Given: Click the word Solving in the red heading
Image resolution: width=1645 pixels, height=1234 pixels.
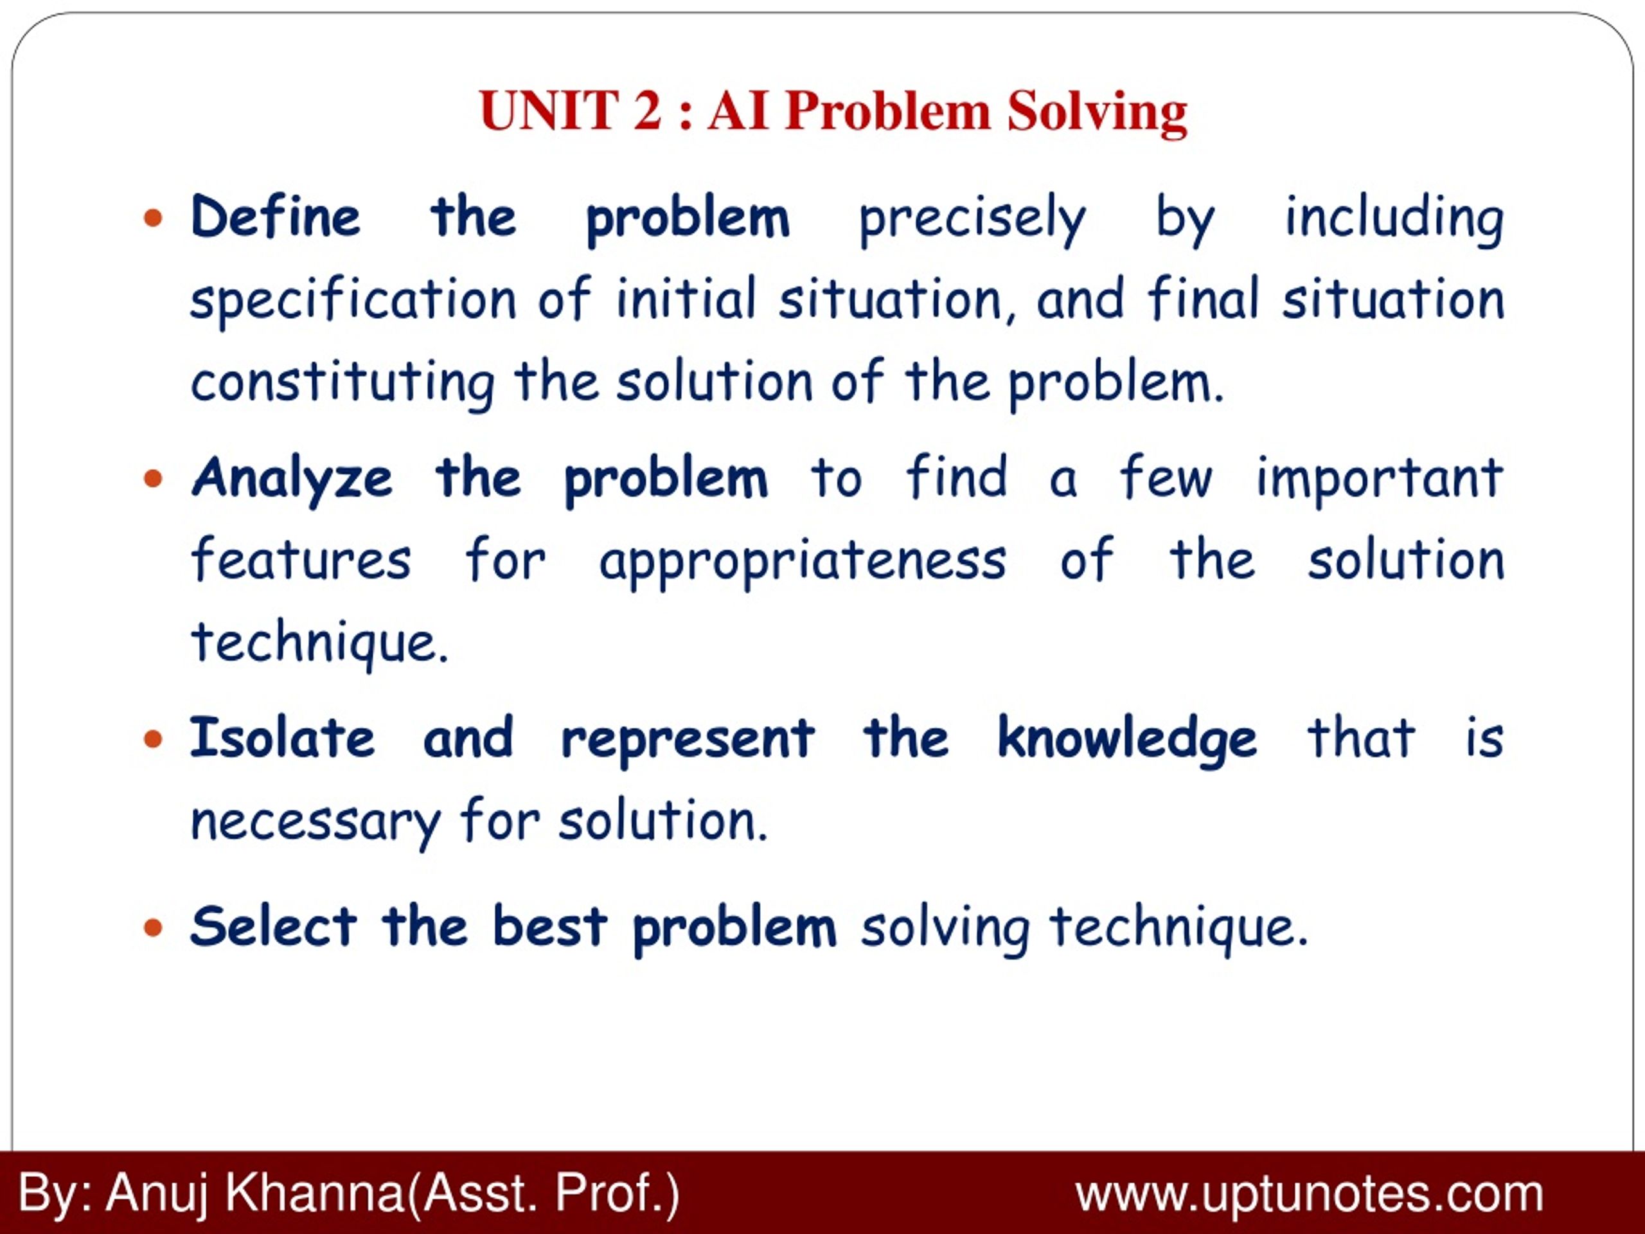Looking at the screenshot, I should [1097, 113].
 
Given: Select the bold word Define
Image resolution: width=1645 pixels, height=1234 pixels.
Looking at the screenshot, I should [275, 217].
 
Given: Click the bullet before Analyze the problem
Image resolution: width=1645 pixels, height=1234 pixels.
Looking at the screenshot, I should [153, 478].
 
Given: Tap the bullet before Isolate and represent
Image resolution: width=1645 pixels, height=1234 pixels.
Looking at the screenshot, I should [153, 738].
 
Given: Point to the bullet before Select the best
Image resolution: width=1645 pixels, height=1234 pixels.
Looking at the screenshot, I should [153, 927].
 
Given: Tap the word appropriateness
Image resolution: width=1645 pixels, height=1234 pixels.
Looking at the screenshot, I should [803, 563].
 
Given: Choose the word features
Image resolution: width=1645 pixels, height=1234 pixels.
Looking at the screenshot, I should [301, 559].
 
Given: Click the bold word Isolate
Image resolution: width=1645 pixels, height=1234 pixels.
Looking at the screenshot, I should [283, 738].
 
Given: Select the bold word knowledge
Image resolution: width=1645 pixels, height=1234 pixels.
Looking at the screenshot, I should [1126, 741].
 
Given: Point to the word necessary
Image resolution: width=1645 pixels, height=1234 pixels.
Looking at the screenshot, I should [316, 823].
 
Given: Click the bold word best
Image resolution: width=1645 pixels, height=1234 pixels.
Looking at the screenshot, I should [549, 927].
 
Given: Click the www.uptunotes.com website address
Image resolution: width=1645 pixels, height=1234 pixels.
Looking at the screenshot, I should [1310, 1195].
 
